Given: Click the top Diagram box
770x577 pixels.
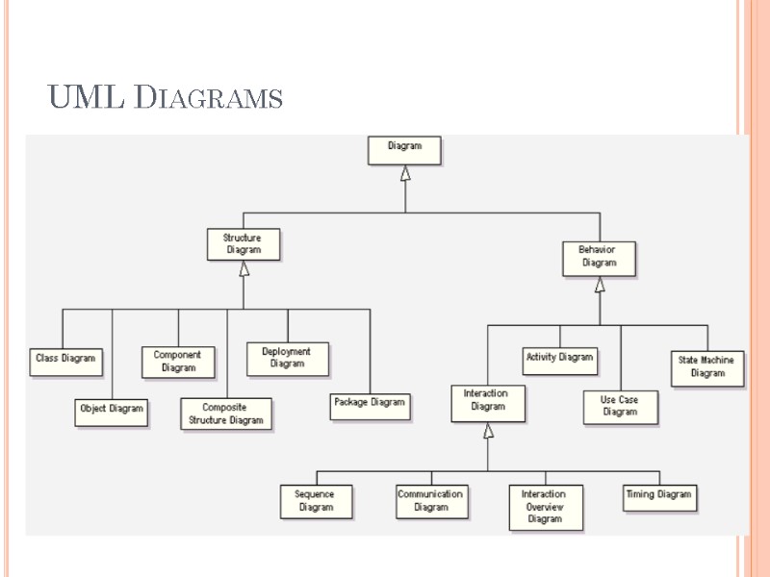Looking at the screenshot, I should [x=404, y=150].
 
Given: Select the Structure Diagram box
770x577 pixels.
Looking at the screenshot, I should [x=244, y=244].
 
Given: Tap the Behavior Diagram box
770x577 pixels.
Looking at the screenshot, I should [x=599, y=257].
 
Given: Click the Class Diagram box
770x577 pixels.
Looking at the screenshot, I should [x=66, y=360].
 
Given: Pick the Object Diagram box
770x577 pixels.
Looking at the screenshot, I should [x=112, y=411].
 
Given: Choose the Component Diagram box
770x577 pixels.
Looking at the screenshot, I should [x=178, y=362].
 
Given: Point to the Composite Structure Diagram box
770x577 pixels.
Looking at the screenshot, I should [x=225, y=414].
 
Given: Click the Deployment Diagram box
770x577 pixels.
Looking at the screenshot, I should [x=287, y=359].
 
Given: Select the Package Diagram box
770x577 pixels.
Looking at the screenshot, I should [x=370, y=405].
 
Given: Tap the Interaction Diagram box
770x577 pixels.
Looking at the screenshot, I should [x=488, y=401].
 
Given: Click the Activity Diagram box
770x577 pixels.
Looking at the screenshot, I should [x=559, y=360].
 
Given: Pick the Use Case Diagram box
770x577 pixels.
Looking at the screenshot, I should [x=620, y=407].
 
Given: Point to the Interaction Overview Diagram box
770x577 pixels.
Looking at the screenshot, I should [x=545, y=507].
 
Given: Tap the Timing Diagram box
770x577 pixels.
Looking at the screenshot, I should [x=659, y=496].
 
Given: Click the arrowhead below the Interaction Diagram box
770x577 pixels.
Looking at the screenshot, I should [x=488, y=432].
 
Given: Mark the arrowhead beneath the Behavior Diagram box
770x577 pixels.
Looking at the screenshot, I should [x=600, y=286].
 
